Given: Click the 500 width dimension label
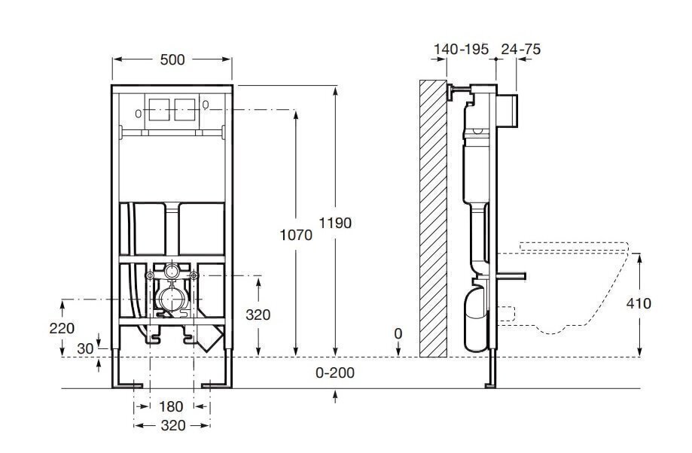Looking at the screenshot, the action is click(x=172, y=59).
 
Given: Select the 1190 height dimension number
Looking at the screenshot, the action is click(x=335, y=223).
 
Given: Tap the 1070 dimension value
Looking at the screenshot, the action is click(x=296, y=235).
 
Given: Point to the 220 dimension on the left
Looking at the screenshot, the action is click(x=62, y=328).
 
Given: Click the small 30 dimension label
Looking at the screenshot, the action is click(x=86, y=348).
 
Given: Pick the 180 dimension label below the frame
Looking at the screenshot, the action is click(x=171, y=406).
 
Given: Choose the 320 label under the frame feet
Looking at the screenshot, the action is click(x=172, y=425).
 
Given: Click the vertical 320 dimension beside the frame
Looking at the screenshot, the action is click(x=258, y=315).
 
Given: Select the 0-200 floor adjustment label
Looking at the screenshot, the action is click(x=335, y=372).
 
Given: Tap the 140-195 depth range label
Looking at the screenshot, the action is click(x=461, y=49).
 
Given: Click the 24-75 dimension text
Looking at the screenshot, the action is click(x=521, y=49).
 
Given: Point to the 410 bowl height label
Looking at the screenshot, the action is click(x=639, y=303).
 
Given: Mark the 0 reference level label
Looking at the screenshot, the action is click(x=398, y=334).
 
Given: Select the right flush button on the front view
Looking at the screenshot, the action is click(x=185, y=109).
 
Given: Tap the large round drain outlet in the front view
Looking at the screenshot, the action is click(x=171, y=300).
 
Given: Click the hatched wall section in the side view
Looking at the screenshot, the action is click(x=433, y=218).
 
